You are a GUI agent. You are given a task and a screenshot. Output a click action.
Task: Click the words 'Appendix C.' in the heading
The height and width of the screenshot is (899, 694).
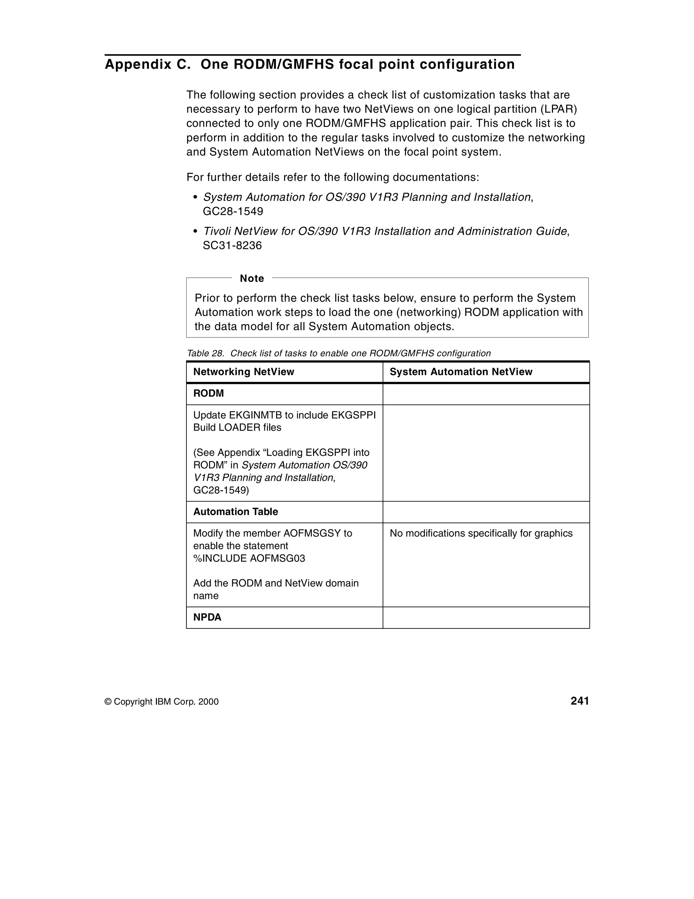[148, 65]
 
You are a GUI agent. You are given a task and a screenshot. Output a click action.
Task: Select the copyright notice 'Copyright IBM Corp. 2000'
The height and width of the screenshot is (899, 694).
[166, 702]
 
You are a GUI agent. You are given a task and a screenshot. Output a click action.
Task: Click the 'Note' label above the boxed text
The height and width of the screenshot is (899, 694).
[252, 279]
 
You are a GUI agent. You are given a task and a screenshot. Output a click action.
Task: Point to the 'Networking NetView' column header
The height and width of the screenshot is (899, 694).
[244, 372]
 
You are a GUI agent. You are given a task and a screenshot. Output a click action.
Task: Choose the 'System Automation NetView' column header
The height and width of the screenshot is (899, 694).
[461, 372]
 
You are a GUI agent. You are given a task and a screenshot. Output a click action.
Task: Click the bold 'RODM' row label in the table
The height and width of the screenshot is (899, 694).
[208, 393]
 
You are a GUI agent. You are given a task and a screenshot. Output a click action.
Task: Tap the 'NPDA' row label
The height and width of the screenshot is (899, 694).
[207, 618]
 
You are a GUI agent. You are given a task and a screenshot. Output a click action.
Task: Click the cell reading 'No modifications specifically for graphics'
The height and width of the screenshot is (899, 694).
[481, 533]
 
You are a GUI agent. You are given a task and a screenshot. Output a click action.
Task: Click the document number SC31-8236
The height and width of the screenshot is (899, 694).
[232, 246]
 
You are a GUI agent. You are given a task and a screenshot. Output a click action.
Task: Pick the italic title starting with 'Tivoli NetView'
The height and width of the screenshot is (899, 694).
[385, 231]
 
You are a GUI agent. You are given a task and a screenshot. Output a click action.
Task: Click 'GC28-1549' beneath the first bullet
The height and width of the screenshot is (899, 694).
[233, 212]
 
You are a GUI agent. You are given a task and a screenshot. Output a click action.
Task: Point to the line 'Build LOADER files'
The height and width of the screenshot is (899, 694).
[237, 428]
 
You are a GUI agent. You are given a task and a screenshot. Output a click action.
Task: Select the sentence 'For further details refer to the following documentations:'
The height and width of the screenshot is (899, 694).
[332, 177]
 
